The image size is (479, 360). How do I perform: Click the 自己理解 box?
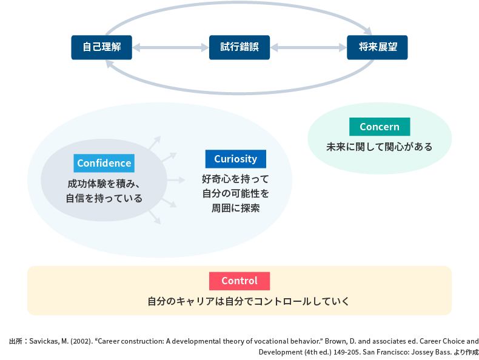coord(101,47)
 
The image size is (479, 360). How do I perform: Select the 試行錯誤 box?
coord(239,47)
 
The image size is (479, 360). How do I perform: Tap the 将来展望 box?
coord(377,47)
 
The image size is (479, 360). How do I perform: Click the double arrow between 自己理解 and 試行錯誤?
coord(170,47)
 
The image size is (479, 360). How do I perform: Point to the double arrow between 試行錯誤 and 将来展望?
coord(308,47)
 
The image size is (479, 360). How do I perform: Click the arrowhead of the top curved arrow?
coord(367,30)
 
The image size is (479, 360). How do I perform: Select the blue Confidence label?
coord(104,163)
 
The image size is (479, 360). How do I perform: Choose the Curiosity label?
coord(235,159)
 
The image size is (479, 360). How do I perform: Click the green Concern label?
coord(380,127)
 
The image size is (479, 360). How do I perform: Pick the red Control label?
coord(239,281)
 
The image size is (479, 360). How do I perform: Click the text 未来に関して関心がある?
coord(380,147)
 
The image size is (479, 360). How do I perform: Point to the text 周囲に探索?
coord(235,208)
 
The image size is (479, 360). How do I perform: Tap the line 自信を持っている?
coord(104,198)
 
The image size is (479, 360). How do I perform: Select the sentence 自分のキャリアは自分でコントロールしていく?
coord(239,301)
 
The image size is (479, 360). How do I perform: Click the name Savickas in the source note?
coord(46,341)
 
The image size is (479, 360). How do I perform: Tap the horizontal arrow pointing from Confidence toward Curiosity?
coord(175,180)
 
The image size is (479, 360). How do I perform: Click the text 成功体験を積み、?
coord(104,184)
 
